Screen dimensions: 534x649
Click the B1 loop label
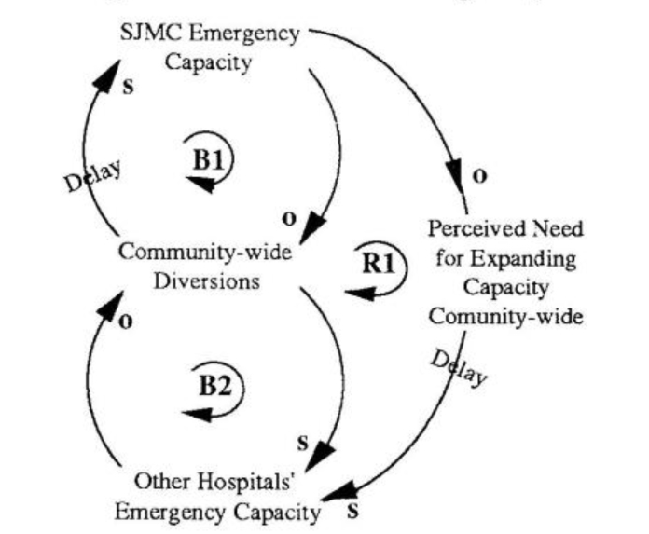click(x=207, y=159)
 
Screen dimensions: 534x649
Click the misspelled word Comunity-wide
click(x=506, y=316)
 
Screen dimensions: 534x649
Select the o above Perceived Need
click(x=479, y=177)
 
